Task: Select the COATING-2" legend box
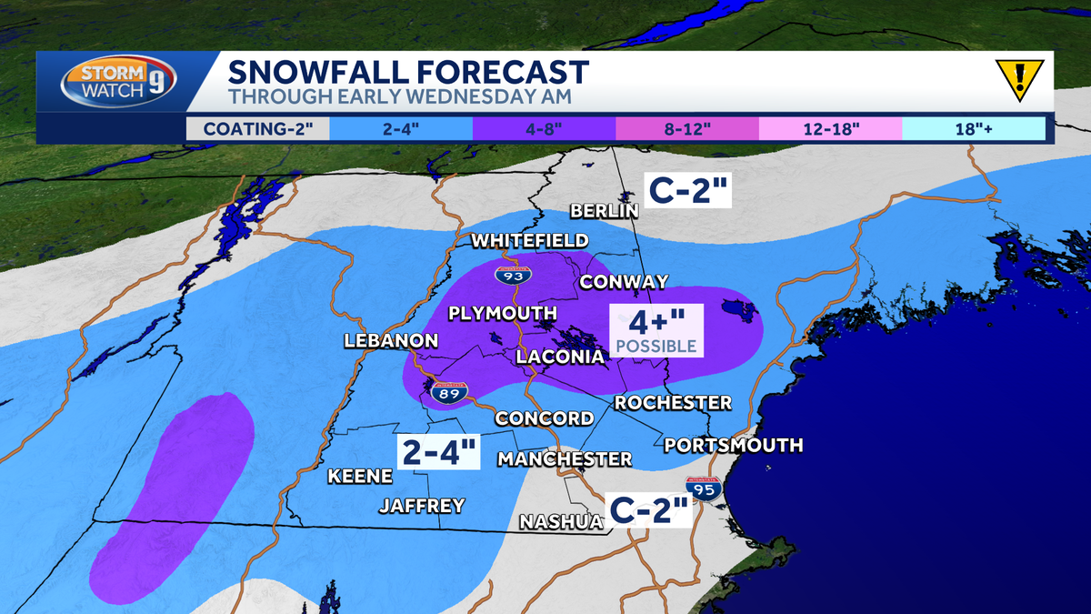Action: [257, 128]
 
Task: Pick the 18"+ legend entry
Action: [973, 128]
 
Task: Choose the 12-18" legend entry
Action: [830, 128]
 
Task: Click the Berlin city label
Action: [605, 211]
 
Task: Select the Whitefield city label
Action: [529, 240]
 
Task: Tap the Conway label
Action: [624, 282]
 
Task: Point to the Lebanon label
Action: [391, 341]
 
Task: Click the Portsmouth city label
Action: [733, 445]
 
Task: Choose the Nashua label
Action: [561, 521]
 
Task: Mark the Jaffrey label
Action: [422, 505]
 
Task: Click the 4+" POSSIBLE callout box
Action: [656, 329]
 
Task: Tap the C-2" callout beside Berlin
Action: [688, 189]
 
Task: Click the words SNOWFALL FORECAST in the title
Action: [408, 71]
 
